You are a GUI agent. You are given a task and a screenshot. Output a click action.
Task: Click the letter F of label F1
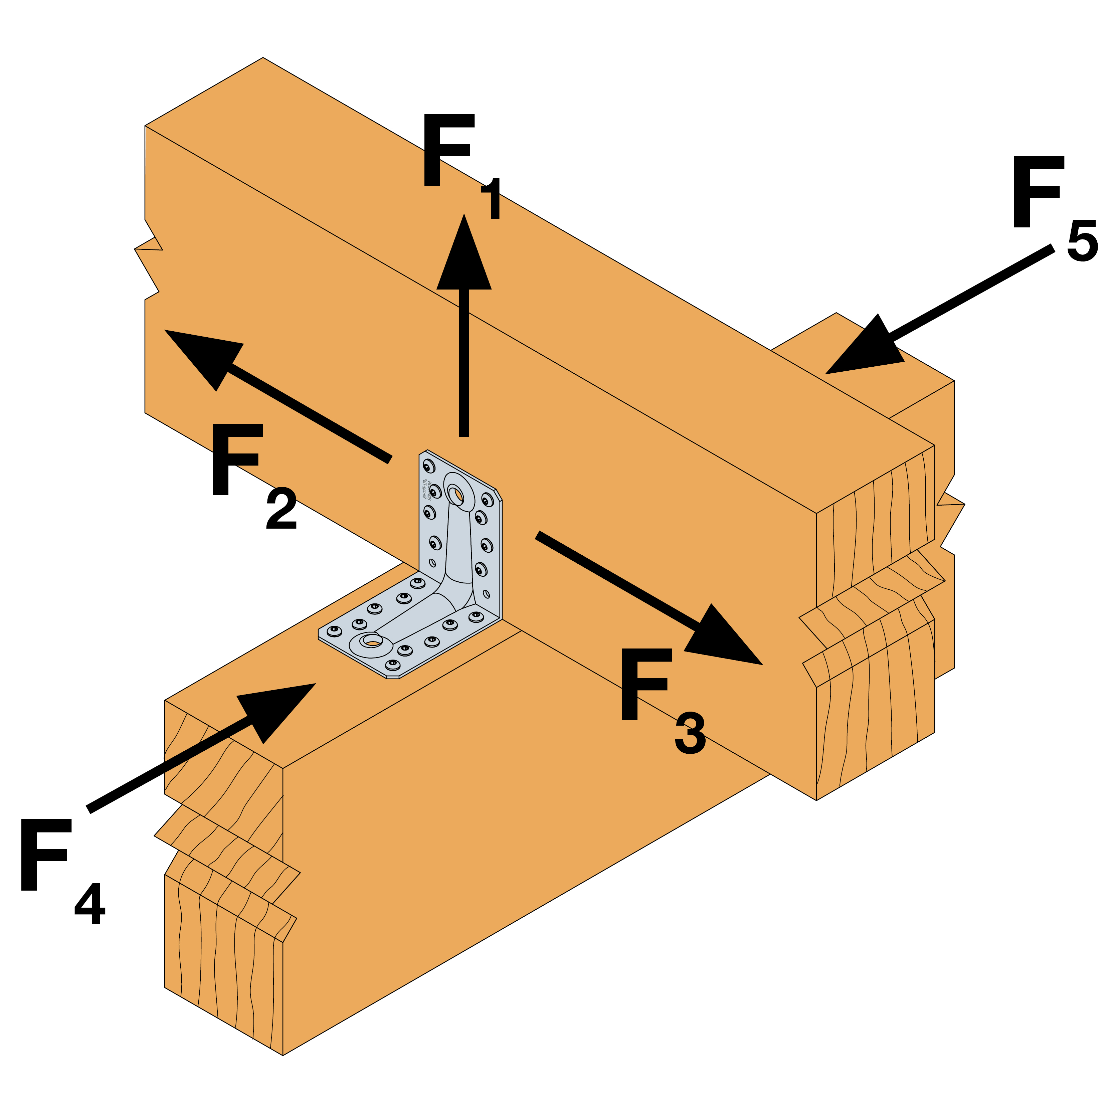[x=446, y=150]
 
